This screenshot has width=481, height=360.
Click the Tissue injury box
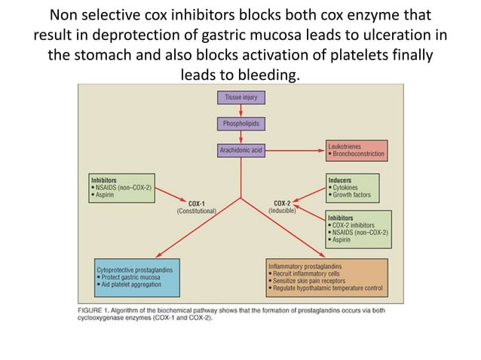point(240,96)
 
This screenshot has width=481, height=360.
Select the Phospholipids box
point(240,123)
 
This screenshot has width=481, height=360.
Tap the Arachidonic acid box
point(240,151)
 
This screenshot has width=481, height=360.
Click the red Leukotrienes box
point(357,149)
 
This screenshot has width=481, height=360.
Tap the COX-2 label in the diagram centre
point(283,203)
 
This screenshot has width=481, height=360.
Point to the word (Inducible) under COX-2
point(283,211)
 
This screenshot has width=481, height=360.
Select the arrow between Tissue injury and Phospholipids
point(240,110)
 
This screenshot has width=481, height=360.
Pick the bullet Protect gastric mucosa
point(130,276)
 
